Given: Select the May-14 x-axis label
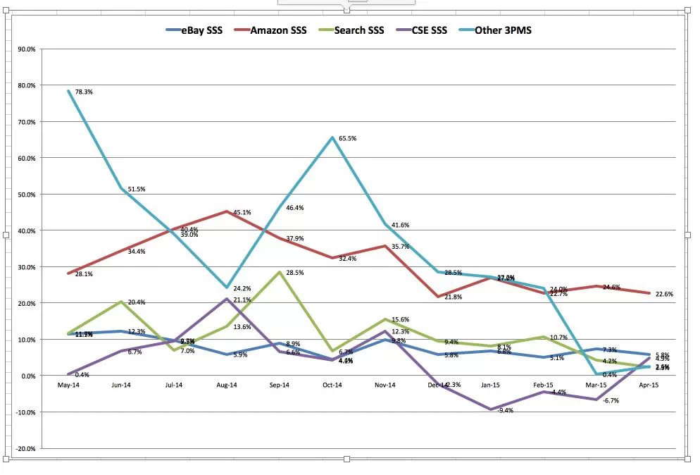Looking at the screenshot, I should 69,385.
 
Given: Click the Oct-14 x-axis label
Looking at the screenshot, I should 332,385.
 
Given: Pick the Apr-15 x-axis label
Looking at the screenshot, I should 648,385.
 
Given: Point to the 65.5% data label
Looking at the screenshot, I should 347,139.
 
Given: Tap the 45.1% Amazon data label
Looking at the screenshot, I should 242,212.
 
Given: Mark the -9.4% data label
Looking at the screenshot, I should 505,410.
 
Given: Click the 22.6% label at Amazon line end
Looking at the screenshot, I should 664,294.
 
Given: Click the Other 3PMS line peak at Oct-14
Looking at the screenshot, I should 332,137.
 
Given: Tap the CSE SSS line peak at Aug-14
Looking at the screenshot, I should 227,299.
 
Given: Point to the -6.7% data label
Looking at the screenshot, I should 611,400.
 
